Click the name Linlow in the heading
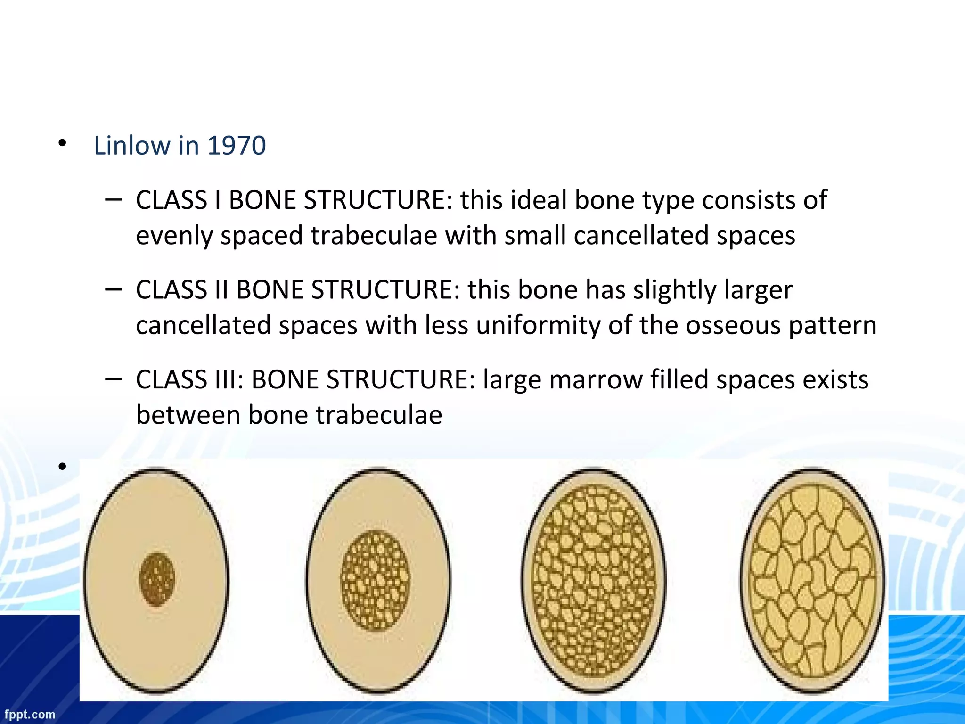point(132,145)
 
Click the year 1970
point(237,145)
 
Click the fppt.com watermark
point(30,714)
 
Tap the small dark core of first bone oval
point(157,579)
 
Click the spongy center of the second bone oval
point(375,581)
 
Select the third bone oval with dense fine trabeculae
point(594,581)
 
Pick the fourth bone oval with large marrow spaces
point(812,581)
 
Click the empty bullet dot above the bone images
point(62,467)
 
